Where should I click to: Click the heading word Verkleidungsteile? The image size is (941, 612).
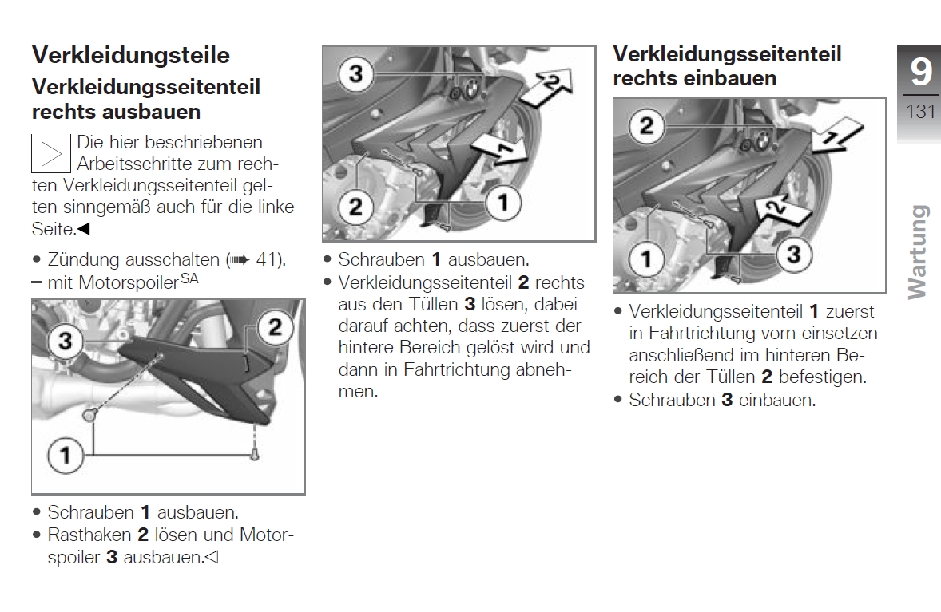tap(130, 55)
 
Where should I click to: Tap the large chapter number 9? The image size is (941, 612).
tap(920, 73)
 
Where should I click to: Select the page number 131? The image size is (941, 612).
tap(920, 111)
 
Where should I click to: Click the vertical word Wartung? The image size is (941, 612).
tap(919, 252)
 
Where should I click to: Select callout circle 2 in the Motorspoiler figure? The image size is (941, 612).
tap(274, 327)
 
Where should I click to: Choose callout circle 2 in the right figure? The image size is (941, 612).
tap(646, 126)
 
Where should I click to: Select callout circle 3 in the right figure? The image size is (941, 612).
tap(792, 255)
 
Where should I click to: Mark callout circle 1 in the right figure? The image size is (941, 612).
tap(646, 258)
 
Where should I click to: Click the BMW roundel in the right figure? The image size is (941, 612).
tap(760, 140)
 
